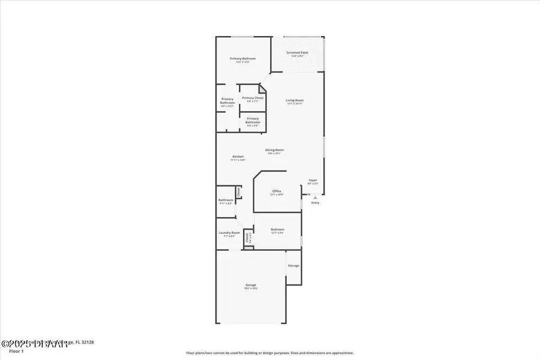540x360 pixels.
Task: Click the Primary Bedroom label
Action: click(x=243, y=58)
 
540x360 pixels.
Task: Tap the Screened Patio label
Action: click(x=297, y=53)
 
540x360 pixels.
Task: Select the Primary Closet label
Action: click(x=253, y=98)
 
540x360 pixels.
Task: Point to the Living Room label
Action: click(x=295, y=100)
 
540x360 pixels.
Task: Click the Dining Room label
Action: click(x=274, y=150)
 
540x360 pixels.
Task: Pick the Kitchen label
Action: click(x=238, y=157)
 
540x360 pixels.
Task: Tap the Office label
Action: click(x=277, y=191)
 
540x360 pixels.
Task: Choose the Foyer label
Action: click(x=313, y=180)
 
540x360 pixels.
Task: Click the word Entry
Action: click(x=315, y=203)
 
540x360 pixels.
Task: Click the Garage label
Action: click(x=251, y=285)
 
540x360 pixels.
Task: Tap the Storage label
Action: click(x=293, y=265)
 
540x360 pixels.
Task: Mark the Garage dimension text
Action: click(x=251, y=289)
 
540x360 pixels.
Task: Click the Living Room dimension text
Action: click(x=295, y=104)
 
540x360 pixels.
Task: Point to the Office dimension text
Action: click(x=277, y=194)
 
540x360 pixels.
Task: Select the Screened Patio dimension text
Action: click(x=297, y=56)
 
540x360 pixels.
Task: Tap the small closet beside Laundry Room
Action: click(x=249, y=238)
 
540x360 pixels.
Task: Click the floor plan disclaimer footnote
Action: click(x=270, y=353)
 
